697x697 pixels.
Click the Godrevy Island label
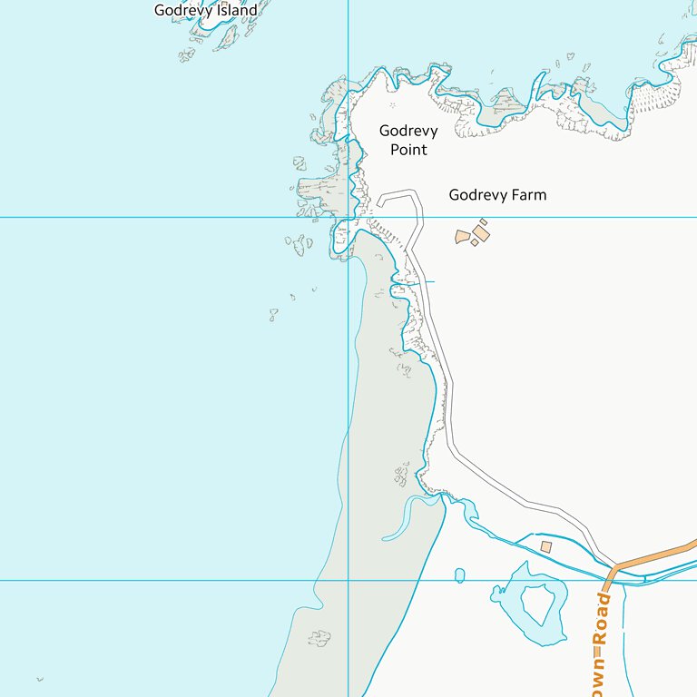(206, 10)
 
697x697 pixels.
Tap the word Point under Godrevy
(408, 150)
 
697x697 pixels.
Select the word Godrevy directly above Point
(408, 131)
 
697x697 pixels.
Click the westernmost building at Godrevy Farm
(463, 238)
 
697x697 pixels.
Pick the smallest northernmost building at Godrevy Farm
(484, 221)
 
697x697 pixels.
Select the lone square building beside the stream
(545, 546)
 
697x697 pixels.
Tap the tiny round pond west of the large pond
(459, 574)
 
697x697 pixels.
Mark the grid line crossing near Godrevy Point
(348, 217)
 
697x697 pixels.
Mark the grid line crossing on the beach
(348, 580)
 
